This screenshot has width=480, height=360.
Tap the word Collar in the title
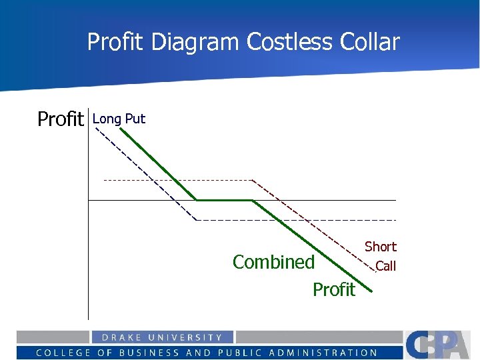[369, 43]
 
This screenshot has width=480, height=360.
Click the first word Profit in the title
[115, 43]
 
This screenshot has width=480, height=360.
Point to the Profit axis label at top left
[61, 119]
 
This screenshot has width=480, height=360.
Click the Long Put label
[119, 119]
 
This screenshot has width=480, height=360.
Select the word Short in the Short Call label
[380, 247]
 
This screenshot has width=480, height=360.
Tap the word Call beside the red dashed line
[385, 266]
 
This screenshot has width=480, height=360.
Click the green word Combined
[273, 262]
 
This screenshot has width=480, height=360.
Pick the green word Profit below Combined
[334, 289]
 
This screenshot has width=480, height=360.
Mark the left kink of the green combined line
[196, 199]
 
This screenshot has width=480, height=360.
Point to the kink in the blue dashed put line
[195, 220]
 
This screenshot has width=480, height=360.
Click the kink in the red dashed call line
[253, 181]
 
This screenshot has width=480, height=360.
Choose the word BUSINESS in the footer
[141, 353]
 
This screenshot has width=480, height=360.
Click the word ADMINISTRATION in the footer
[327, 353]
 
